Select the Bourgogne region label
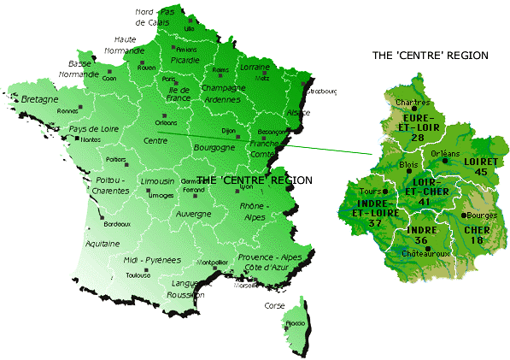click(x=216, y=147)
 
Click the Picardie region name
click(x=185, y=61)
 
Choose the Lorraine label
click(x=255, y=66)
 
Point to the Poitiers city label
click(x=115, y=159)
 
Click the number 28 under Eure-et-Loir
click(x=418, y=137)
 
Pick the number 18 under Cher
click(x=477, y=241)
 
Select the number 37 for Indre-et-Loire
click(x=375, y=223)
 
